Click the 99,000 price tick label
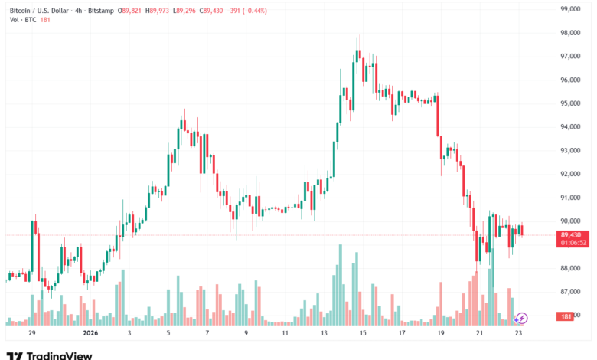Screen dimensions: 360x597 pyautogui.click(x=573, y=9)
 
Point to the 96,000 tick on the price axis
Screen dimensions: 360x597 pyautogui.click(x=573, y=80)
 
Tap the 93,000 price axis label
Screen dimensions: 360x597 pyautogui.click(x=573, y=150)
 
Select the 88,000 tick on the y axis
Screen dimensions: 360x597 pyautogui.click(x=573, y=268)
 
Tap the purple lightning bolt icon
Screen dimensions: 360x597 pyautogui.click(x=522, y=317)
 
